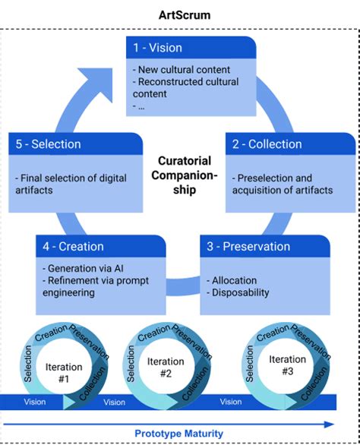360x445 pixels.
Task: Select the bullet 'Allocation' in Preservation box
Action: pyautogui.click(x=235, y=280)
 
